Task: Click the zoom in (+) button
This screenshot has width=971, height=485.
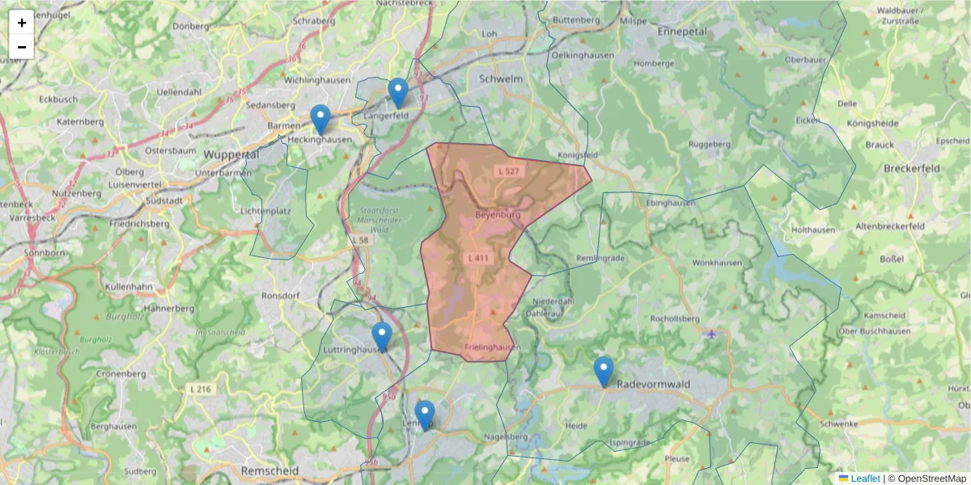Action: click(x=22, y=23)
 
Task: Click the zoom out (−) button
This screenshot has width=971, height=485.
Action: click(x=22, y=47)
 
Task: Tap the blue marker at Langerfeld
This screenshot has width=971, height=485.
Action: click(x=397, y=92)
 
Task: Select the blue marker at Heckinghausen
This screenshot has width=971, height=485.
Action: click(x=320, y=119)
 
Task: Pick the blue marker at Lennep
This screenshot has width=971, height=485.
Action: click(x=424, y=415)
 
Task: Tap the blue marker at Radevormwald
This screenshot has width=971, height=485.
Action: click(x=604, y=371)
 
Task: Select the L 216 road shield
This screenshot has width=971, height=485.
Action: click(x=200, y=390)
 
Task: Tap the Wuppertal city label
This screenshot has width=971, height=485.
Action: click(x=231, y=154)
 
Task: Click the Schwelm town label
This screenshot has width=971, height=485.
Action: click(x=501, y=79)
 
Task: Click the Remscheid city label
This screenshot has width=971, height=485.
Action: click(x=269, y=470)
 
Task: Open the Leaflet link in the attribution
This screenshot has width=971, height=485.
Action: click(x=865, y=479)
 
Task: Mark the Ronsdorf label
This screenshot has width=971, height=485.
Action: click(x=281, y=296)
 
